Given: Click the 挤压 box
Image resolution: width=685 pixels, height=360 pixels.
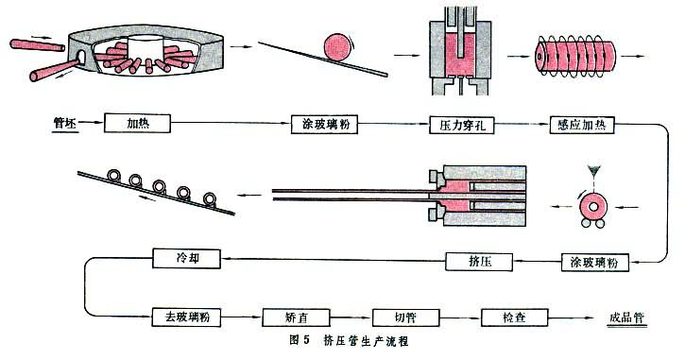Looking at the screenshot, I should coord(477,259).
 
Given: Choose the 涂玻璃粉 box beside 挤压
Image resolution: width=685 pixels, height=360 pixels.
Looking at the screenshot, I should coord(592,259).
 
